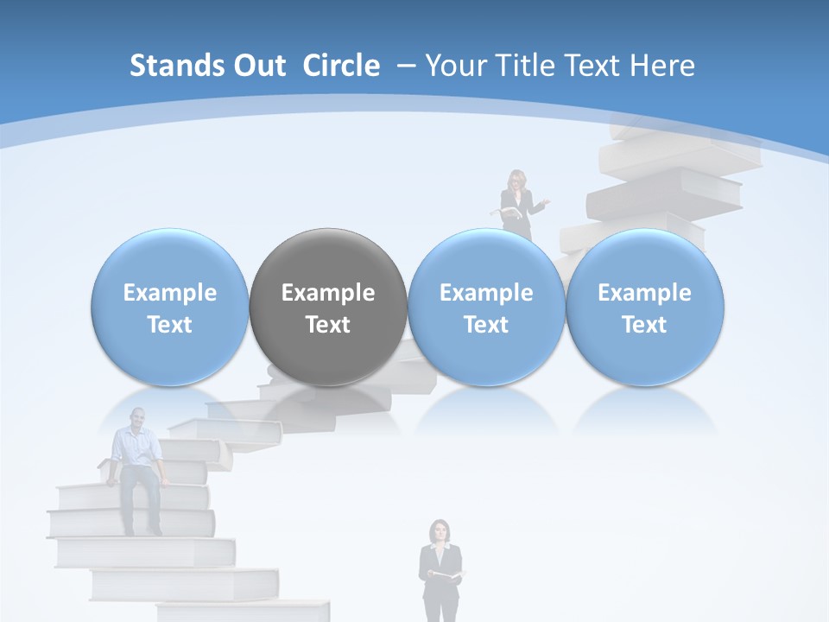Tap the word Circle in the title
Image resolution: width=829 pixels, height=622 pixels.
341,66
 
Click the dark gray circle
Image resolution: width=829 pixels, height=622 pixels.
328,307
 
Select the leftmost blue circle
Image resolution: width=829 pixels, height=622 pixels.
170,307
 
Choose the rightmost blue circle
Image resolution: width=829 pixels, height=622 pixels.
645,307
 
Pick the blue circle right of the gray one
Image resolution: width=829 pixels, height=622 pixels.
486,307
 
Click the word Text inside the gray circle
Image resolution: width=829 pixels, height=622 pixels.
328,325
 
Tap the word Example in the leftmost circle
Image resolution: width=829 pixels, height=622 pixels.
170,293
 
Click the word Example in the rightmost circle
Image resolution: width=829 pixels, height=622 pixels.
645,293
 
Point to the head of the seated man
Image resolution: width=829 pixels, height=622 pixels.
136,421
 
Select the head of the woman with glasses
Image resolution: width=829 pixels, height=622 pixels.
517,180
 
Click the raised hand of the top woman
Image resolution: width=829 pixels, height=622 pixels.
544,202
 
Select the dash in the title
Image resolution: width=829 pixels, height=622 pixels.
403,66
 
